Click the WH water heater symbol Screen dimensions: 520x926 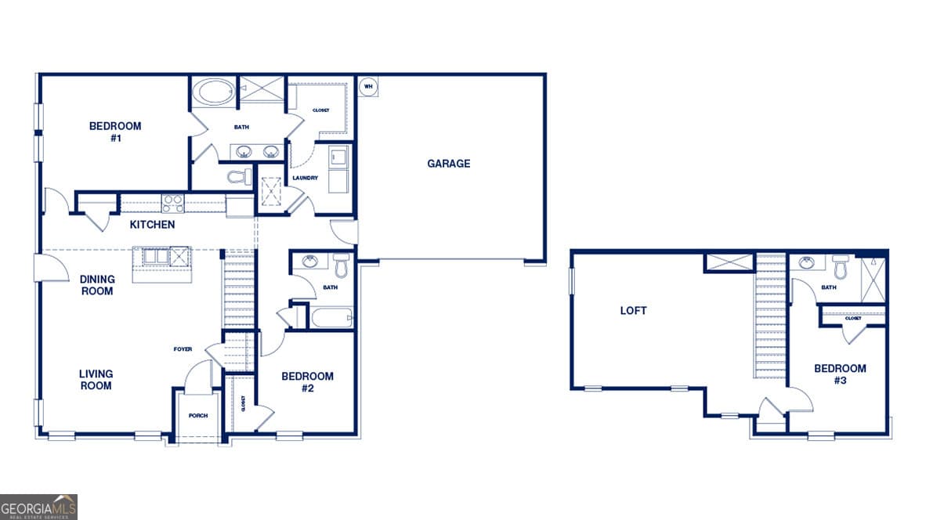(367, 85)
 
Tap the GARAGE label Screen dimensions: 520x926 (449, 164)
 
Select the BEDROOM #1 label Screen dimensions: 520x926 (115, 132)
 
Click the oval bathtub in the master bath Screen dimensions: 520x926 (213, 92)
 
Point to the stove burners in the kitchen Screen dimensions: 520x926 (172, 203)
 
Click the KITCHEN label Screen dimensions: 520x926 (152, 225)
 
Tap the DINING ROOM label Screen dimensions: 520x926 (97, 285)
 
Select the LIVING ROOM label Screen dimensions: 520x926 (96, 380)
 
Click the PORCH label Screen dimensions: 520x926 (198, 416)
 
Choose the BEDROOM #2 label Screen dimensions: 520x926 (307, 382)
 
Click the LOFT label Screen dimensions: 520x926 (633, 311)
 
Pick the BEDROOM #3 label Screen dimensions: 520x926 (840, 374)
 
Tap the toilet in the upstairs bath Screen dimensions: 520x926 (841, 269)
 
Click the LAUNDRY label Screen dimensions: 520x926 (305, 178)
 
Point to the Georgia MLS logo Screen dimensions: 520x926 (39, 507)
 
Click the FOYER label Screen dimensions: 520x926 (183, 349)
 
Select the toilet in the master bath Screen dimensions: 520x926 (238, 177)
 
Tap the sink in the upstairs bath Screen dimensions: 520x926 (806, 263)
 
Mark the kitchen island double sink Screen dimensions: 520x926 (153, 257)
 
